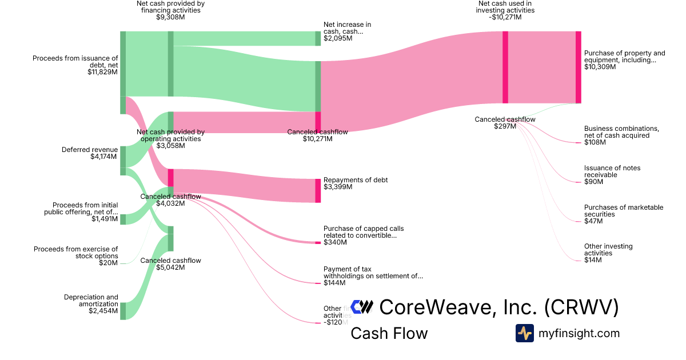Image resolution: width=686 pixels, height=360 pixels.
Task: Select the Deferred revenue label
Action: coord(90,150)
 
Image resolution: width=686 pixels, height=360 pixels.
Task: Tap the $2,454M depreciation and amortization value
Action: coord(103,311)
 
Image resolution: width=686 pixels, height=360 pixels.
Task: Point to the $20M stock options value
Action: coord(108,263)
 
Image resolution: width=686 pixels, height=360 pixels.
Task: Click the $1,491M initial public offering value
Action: coord(105,219)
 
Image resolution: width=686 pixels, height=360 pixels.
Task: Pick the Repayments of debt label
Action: coord(356,180)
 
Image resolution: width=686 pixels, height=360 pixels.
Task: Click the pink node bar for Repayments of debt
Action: coord(318,190)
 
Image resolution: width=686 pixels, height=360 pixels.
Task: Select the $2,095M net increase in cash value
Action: coord(338,39)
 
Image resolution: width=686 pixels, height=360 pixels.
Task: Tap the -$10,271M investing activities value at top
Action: coord(506,17)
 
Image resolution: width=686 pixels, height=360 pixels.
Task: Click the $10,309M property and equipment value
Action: coord(600,67)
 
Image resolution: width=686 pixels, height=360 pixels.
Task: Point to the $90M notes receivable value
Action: coord(593,182)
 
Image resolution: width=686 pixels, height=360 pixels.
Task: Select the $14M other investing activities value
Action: coord(593,260)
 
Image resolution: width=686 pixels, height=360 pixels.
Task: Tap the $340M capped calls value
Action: coord(336,242)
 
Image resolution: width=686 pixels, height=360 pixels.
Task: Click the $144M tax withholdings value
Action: coord(334,283)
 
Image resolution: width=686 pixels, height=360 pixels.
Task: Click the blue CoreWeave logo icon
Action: coord(362,307)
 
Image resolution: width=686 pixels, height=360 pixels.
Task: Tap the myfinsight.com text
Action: coord(579,333)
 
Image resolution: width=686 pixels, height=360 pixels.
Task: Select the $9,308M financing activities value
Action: coord(170,17)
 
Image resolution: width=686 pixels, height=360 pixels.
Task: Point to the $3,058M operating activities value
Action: coord(170,146)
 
